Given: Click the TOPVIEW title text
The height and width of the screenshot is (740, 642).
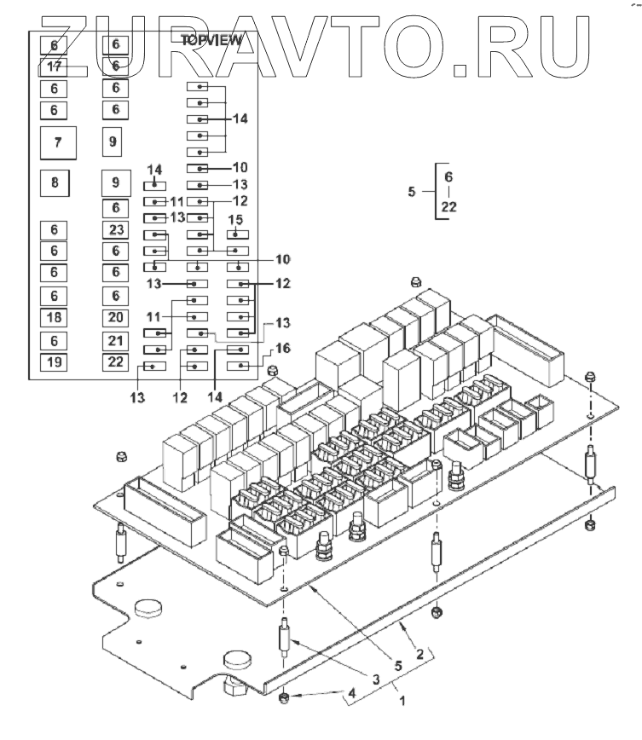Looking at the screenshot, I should [212, 39].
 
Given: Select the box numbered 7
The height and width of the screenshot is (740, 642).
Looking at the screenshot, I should [57, 142].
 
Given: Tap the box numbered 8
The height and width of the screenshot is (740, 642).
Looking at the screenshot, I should [55, 182].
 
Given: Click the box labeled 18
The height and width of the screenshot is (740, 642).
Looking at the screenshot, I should [55, 317].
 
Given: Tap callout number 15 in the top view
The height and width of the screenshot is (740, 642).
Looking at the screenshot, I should [236, 220].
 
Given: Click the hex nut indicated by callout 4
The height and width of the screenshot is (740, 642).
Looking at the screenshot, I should [285, 700].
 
